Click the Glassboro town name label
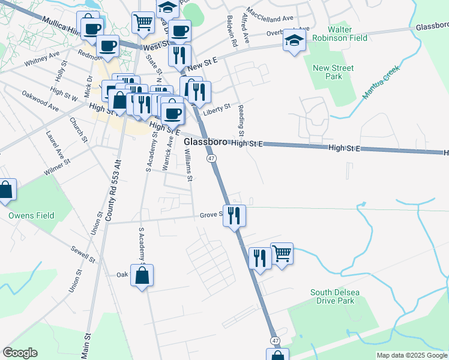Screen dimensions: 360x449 pos(205,142)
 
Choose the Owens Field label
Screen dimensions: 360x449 pos(31,215)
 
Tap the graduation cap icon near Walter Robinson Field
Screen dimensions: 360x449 pos(294,40)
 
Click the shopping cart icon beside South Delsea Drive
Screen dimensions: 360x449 pos(282,253)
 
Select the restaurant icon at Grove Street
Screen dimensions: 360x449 pos(234,215)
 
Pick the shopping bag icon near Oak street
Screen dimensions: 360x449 pos(142,276)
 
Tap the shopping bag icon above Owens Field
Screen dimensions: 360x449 pos(5,190)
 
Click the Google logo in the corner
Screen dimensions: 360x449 pos(20,353)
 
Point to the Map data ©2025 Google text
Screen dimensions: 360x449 pos(411,355)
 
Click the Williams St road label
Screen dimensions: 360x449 pos(188,166)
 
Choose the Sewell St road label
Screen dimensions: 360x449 pos(82,254)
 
